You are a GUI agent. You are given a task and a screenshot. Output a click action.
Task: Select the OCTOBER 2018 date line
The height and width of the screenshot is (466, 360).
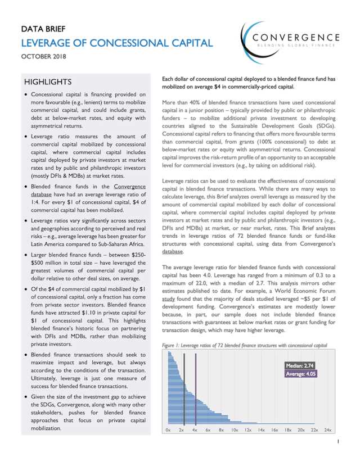click(44, 57)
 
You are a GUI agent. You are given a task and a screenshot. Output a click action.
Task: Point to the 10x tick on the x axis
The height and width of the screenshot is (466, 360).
click(235, 429)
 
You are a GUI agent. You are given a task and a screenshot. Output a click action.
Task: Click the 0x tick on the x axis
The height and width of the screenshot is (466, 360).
click(168, 429)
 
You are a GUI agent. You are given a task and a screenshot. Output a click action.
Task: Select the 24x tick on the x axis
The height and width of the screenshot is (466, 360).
click(328, 429)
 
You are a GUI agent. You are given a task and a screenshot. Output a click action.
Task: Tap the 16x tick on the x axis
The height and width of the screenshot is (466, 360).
click(274, 429)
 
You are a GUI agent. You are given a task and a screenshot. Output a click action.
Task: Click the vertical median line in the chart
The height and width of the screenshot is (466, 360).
click(184, 388)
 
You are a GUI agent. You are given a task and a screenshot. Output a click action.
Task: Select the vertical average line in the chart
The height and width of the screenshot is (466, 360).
click(195, 388)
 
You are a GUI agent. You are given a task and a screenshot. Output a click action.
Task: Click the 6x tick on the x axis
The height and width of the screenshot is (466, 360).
click(208, 429)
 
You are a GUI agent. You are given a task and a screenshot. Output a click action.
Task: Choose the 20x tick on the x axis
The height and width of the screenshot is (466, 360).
click(301, 429)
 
